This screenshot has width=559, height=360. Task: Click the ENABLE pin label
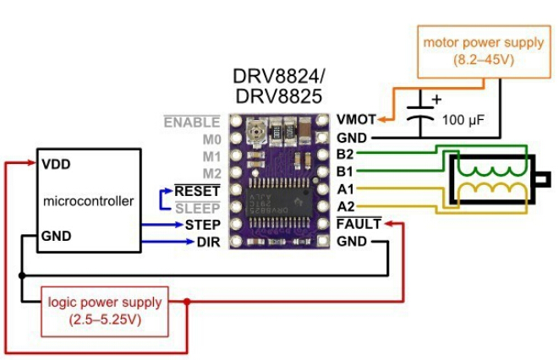point(192,123)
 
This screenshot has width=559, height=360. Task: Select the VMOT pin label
point(353,121)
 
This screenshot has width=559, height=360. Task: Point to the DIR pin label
point(208,243)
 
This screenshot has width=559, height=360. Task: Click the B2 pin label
point(345,155)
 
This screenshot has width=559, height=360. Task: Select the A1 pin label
point(345,190)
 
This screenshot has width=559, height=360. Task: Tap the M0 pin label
point(211,139)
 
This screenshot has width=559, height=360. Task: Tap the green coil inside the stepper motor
point(490,170)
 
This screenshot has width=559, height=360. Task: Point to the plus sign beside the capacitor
point(437,98)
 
